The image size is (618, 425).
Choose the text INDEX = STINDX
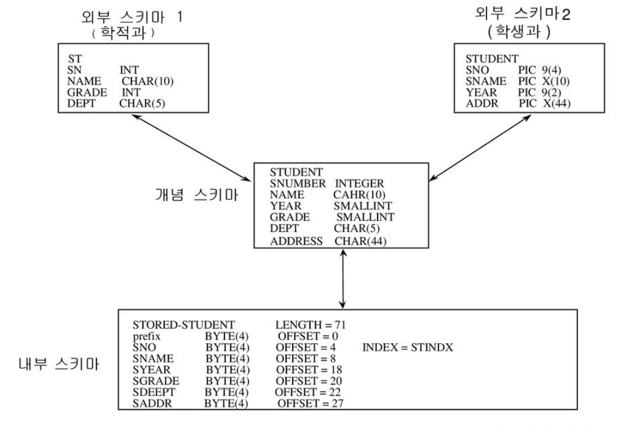click(x=408, y=348)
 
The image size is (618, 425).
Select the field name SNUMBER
click(x=295, y=184)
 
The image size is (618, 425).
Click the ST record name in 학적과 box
click(x=74, y=59)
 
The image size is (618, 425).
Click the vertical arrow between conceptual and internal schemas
click(x=342, y=280)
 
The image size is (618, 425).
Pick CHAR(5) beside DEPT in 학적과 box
click(x=142, y=103)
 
